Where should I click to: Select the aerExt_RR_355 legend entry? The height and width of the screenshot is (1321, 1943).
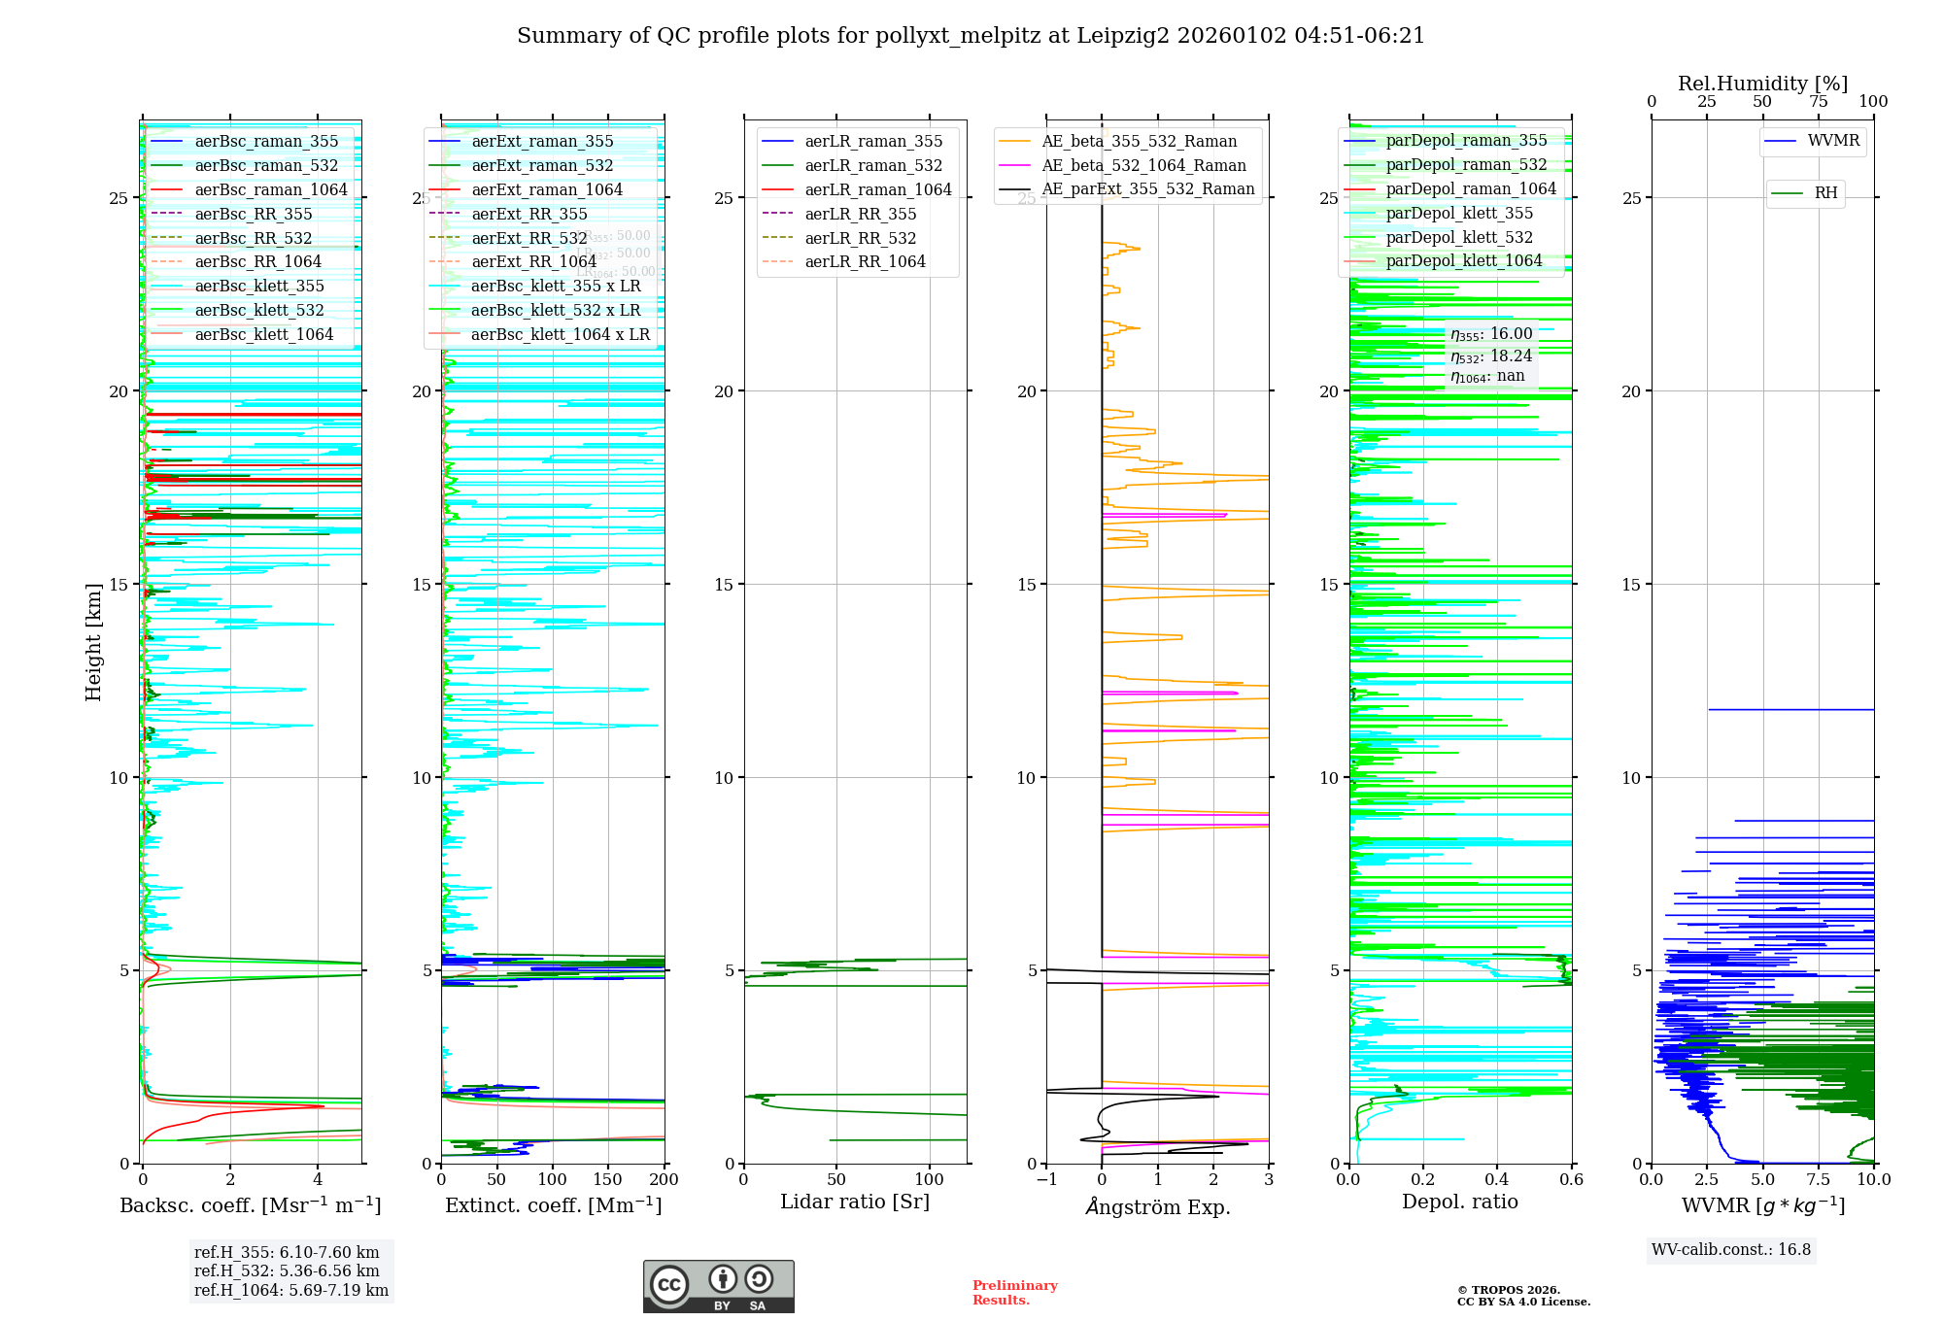tap(529, 214)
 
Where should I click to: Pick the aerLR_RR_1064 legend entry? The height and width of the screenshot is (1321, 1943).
tap(865, 261)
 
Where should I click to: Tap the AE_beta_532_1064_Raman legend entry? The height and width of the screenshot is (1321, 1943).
tap(1143, 165)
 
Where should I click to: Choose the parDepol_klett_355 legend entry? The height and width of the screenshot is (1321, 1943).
tap(1459, 213)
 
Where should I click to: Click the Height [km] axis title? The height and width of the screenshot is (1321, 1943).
tap(93, 642)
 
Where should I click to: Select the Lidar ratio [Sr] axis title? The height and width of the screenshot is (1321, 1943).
tap(855, 1202)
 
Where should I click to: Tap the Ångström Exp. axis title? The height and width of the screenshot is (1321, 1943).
tap(1158, 1206)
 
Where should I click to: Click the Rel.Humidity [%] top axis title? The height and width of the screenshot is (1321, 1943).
tap(1762, 84)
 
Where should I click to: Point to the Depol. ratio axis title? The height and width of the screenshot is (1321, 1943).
tap(1459, 1202)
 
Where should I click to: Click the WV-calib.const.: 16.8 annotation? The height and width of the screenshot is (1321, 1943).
tap(1731, 1249)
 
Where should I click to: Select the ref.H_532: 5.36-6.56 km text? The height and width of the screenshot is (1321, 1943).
tap(287, 1270)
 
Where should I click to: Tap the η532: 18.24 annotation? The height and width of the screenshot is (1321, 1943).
tap(1491, 356)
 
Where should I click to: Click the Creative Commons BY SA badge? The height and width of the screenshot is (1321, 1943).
tap(718, 1286)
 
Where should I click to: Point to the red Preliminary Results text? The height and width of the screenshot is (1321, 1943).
tap(1014, 1292)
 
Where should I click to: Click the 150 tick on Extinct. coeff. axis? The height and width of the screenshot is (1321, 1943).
tap(608, 1179)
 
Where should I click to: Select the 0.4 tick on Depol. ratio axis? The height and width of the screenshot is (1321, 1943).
tap(1497, 1179)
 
